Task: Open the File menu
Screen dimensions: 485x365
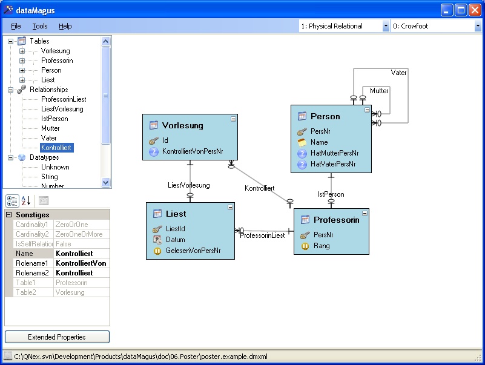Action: [16, 26]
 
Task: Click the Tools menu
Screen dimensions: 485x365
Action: [40, 26]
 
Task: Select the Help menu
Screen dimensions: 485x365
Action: [65, 26]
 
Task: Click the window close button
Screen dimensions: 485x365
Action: [475, 10]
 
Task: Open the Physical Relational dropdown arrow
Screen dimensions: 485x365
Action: [386, 26]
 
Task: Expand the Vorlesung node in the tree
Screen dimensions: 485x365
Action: [22, 51]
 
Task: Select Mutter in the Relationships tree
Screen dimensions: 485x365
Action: [50, 128]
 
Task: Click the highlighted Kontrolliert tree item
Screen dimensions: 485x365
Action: [56, 148]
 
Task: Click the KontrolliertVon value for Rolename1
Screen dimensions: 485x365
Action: [81, 263]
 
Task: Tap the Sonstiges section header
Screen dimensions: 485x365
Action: [33, 215]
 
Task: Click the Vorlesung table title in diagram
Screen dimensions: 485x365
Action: [183, 125]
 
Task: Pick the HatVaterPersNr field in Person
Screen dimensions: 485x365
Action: [333, 164]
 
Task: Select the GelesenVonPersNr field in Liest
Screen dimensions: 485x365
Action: [193, 251]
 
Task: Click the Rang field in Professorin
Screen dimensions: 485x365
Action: [322, 246]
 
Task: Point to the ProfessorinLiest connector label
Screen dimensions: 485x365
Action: [263, 235]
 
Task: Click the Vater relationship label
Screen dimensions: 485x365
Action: [398, 73]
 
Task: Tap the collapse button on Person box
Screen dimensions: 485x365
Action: [367, 110]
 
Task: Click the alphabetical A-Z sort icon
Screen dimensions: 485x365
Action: [26, 201]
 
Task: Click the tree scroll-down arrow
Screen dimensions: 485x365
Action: [105, 183]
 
